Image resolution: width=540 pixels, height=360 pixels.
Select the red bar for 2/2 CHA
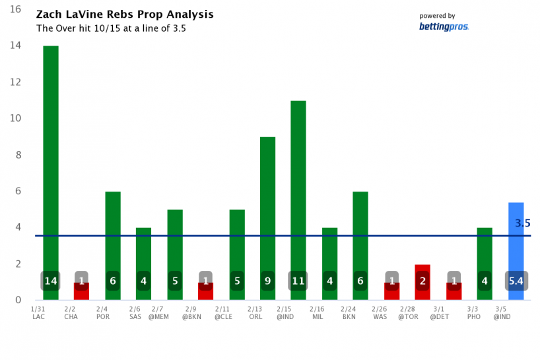pyautogui.click(x=81, y=291)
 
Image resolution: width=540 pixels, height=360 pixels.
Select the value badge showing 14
pyautogui.click(x=51, y=281)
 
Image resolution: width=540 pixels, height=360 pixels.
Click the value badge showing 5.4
pyautogui.click(x=516, y=281)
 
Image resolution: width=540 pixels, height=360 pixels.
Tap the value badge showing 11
pyautogui.click(x=298, y=281)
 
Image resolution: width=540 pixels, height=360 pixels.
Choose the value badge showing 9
pyautogui.click(x=267, y=281)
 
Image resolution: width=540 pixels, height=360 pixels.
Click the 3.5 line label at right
pyautogui.click(x=522, y=223)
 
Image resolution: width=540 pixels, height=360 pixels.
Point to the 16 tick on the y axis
pyautogui.click(x=15, y=10)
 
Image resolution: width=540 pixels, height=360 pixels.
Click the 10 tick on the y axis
pyautogui.click(x=15, y=119)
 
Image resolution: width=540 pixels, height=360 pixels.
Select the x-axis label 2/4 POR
pyautogui.click(x=102, y=312)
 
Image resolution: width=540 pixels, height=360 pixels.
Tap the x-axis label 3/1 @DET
pyautogui.click(x=439, y=312)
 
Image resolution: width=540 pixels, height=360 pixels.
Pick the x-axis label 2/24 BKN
pyautogui.click(x=349, y=312)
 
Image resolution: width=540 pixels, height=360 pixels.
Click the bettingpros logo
pyautogui.click(x=443, y=26)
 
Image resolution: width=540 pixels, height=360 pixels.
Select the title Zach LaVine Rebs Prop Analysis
pyautogui.click(x=125, y=15)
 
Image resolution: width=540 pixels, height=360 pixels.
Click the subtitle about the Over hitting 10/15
pyautogui.click(x=111, y=28)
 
